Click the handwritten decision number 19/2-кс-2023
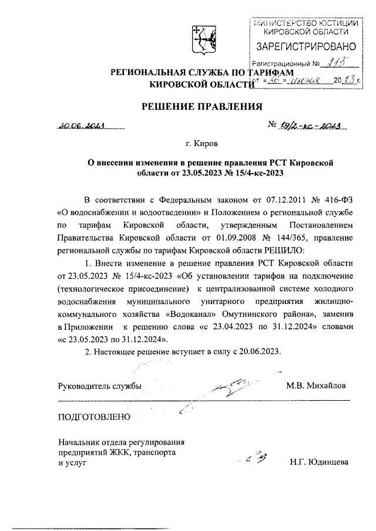[309, 125]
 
